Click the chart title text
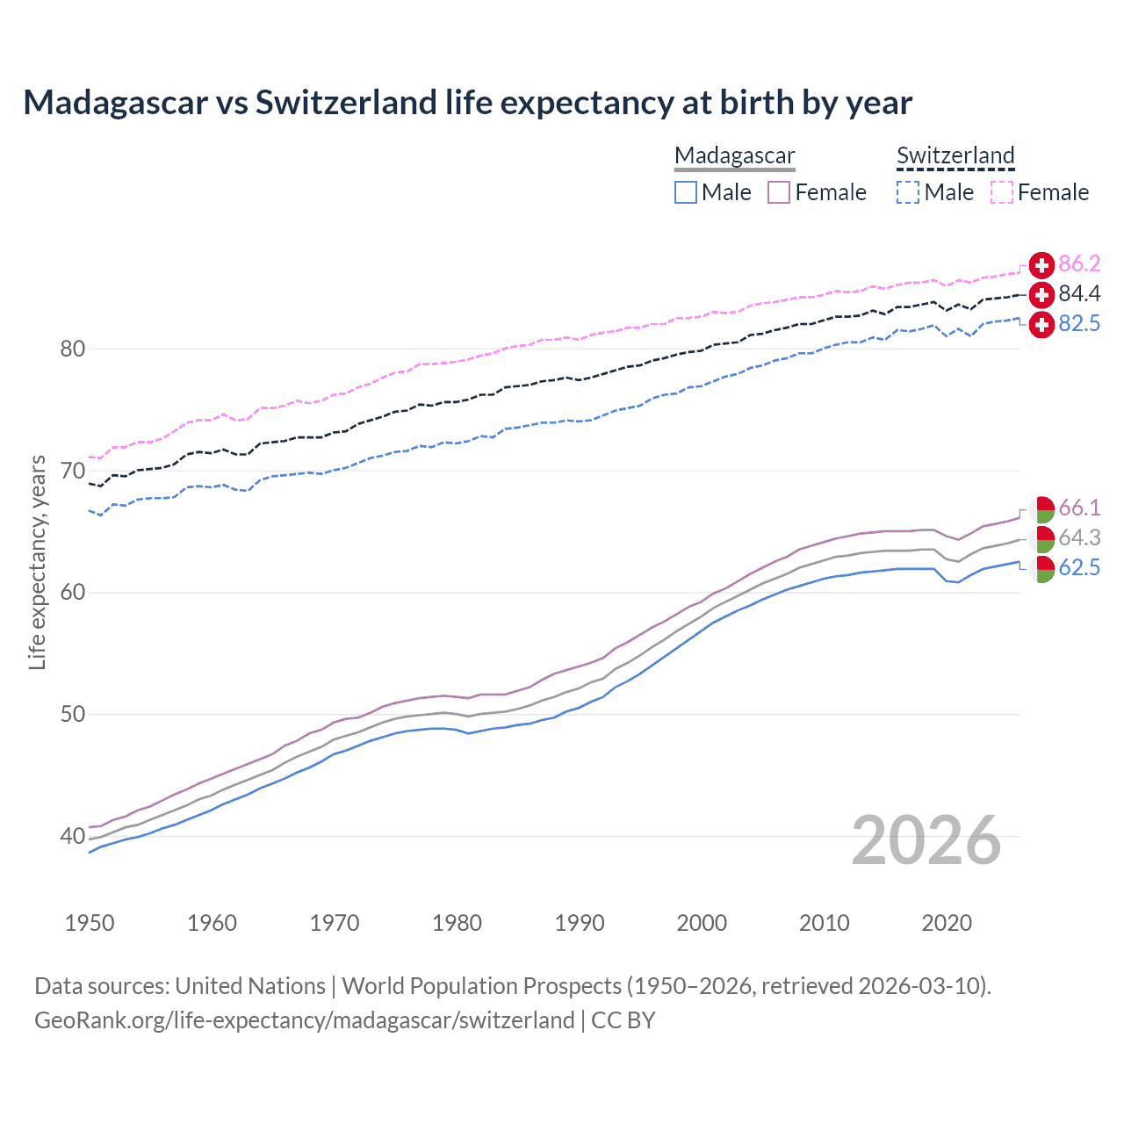(467, 103)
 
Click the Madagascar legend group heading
(734, 155)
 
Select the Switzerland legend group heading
(955, 155)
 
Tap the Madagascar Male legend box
(686, 192)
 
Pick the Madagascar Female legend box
(779, 192)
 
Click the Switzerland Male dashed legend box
(908, 192)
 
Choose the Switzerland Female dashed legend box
(1002, 192)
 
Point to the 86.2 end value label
(1079, 263)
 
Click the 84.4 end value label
(1079, 293)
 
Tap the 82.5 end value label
(1079, 323)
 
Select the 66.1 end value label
(1079, 508)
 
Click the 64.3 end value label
(1079, 537)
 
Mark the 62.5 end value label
(1079, 567)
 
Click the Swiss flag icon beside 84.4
(1041, 294)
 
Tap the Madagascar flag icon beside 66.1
(1042, 508)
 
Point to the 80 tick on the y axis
(73, 349)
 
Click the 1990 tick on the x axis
(580, 923)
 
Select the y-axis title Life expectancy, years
(37, 562)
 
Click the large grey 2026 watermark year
(926, 840)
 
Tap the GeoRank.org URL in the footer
(304, 1020)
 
